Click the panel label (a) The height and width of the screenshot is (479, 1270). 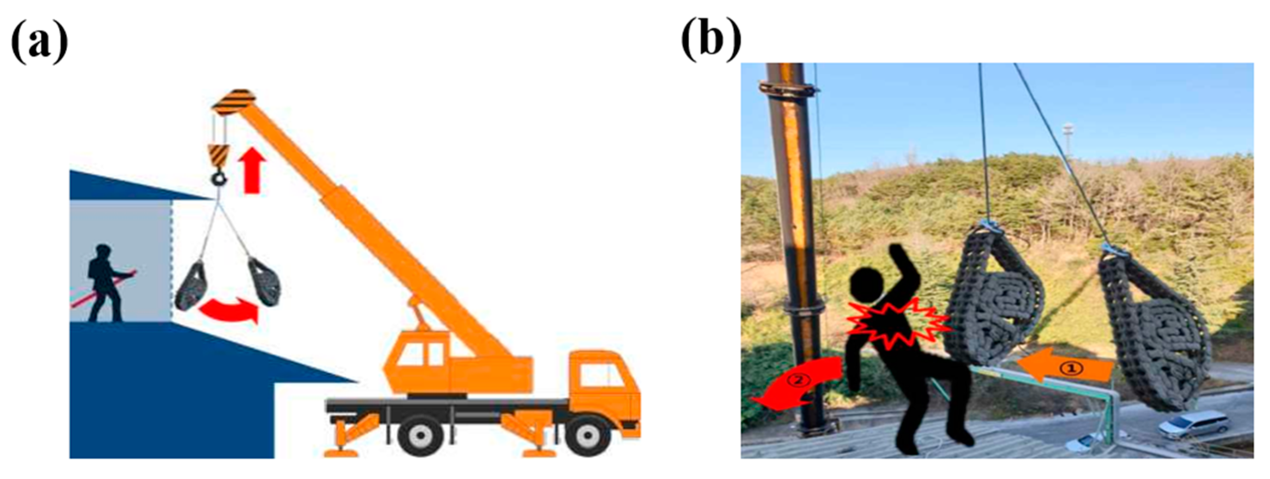point(39,43)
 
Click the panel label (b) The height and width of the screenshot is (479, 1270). point(710,43)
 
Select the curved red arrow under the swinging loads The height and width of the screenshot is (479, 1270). point(228,311)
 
